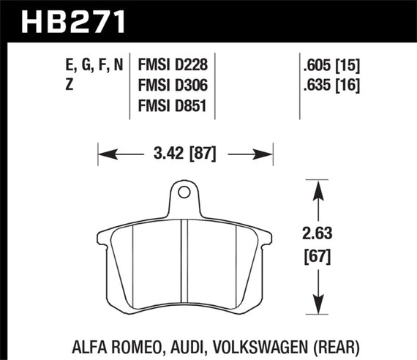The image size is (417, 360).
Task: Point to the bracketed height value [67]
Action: [x=317, y=258]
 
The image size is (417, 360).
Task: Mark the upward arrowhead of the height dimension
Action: [x=317, y=190]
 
